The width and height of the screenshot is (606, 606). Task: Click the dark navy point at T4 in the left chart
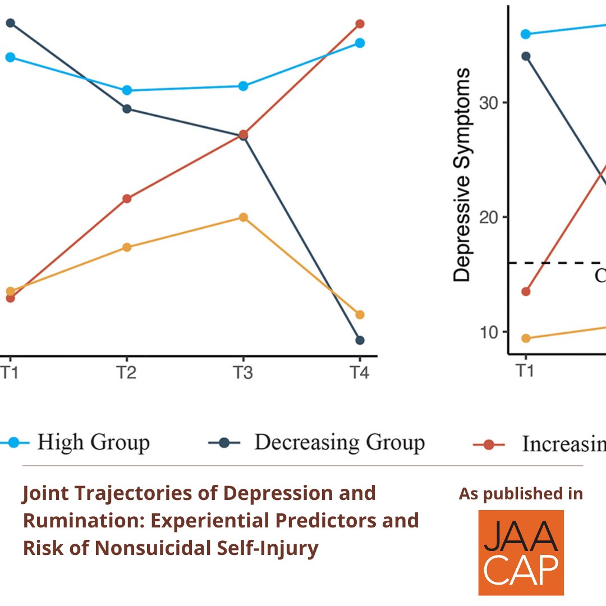[360, 340]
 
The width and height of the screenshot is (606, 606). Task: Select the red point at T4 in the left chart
[360, 24]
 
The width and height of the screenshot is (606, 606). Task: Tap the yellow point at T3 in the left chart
[243, 217]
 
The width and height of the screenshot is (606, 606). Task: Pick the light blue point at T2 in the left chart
[127, 90]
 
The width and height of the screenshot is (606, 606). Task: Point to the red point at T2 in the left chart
[127, 199]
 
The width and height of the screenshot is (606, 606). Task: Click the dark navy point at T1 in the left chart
[10, 23]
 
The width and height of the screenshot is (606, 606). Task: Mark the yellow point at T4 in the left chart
[360, 315]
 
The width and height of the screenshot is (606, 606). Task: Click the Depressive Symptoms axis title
[462, 175]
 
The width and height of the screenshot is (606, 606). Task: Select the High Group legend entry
[93, 443]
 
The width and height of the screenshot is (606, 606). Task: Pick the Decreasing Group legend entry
[339, 443]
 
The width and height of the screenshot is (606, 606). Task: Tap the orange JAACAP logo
[521, 553]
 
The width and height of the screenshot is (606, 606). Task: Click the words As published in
[521, 494]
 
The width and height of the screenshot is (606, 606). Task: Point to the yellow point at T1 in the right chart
[526, 338]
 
